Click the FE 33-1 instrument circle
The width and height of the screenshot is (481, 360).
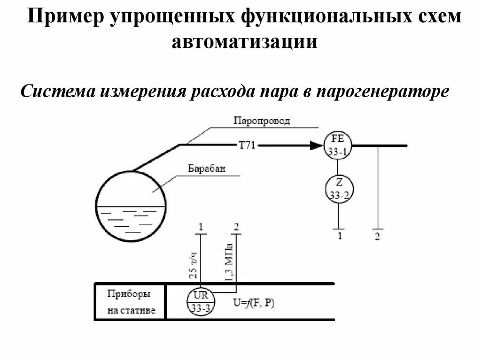click(x=337, y=145)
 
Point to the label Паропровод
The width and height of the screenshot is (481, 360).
click(x=262, y=121)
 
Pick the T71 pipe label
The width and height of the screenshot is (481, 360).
click(x=247, y=146)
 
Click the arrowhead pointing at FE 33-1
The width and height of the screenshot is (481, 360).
click(x=316, y=146)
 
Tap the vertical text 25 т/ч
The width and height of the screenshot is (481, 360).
click(x=193, y=266)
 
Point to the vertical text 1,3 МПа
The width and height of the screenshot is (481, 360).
click(x=229, y=263)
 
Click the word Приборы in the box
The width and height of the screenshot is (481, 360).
click(x=129, y=294)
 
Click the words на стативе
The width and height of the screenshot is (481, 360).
click(x=131, y=310)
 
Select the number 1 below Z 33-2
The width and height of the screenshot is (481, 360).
click(x=338, y=236)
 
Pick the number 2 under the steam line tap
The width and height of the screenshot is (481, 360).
click(x=378, y=236)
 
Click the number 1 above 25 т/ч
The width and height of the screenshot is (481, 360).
click(x=201, y=227)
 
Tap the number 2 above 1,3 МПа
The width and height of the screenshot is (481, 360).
click(x=236, y=227)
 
